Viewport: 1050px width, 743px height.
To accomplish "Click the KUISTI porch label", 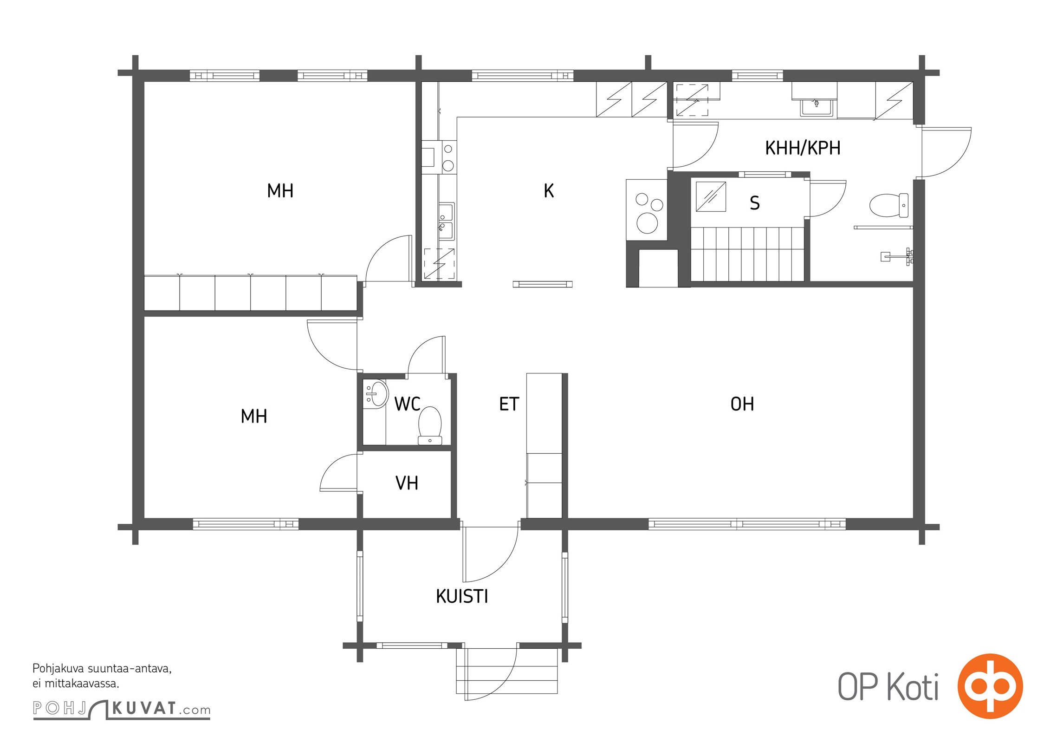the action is pyautogui.click(x=462, y=596).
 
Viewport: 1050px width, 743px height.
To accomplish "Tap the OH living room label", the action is pyautogui.click(x=742, y=404).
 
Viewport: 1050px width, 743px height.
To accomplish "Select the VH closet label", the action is pyautogui.click(x=407, y=483).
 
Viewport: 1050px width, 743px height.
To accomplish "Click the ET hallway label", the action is pyautogui.click(x=509, y=404).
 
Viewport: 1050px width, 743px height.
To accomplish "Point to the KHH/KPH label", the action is pyautogui.click(x=803, y=148).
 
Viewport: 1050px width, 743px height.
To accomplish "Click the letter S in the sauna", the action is pyautogui.click(x=755, y=203).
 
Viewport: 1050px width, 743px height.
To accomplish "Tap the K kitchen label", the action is pyautogui.click(x=549, y=191).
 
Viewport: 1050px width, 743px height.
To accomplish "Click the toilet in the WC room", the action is pyautogui.click(x=430, y=425).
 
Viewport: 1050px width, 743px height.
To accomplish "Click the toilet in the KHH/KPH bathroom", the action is pyautogui.click(x=888, y=205).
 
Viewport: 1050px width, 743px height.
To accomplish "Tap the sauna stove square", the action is pyautogui.click(x=711, y=196).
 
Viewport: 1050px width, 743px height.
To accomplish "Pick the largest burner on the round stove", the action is pyautogui.click(x=647, y=222).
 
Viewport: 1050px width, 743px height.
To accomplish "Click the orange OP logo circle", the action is pyautogui.click(x=990, y=686).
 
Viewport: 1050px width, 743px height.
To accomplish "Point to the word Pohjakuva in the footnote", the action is pyautogui.click(x=58, y=669).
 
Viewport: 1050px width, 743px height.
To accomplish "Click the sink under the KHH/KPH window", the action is pyautogui.click(x=817, y=108).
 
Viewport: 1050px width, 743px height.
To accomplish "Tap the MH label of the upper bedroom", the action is pyautogui.click(x=280, y=191).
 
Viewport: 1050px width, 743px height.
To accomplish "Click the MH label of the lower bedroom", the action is pyautogui.click(x=254, y=416).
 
